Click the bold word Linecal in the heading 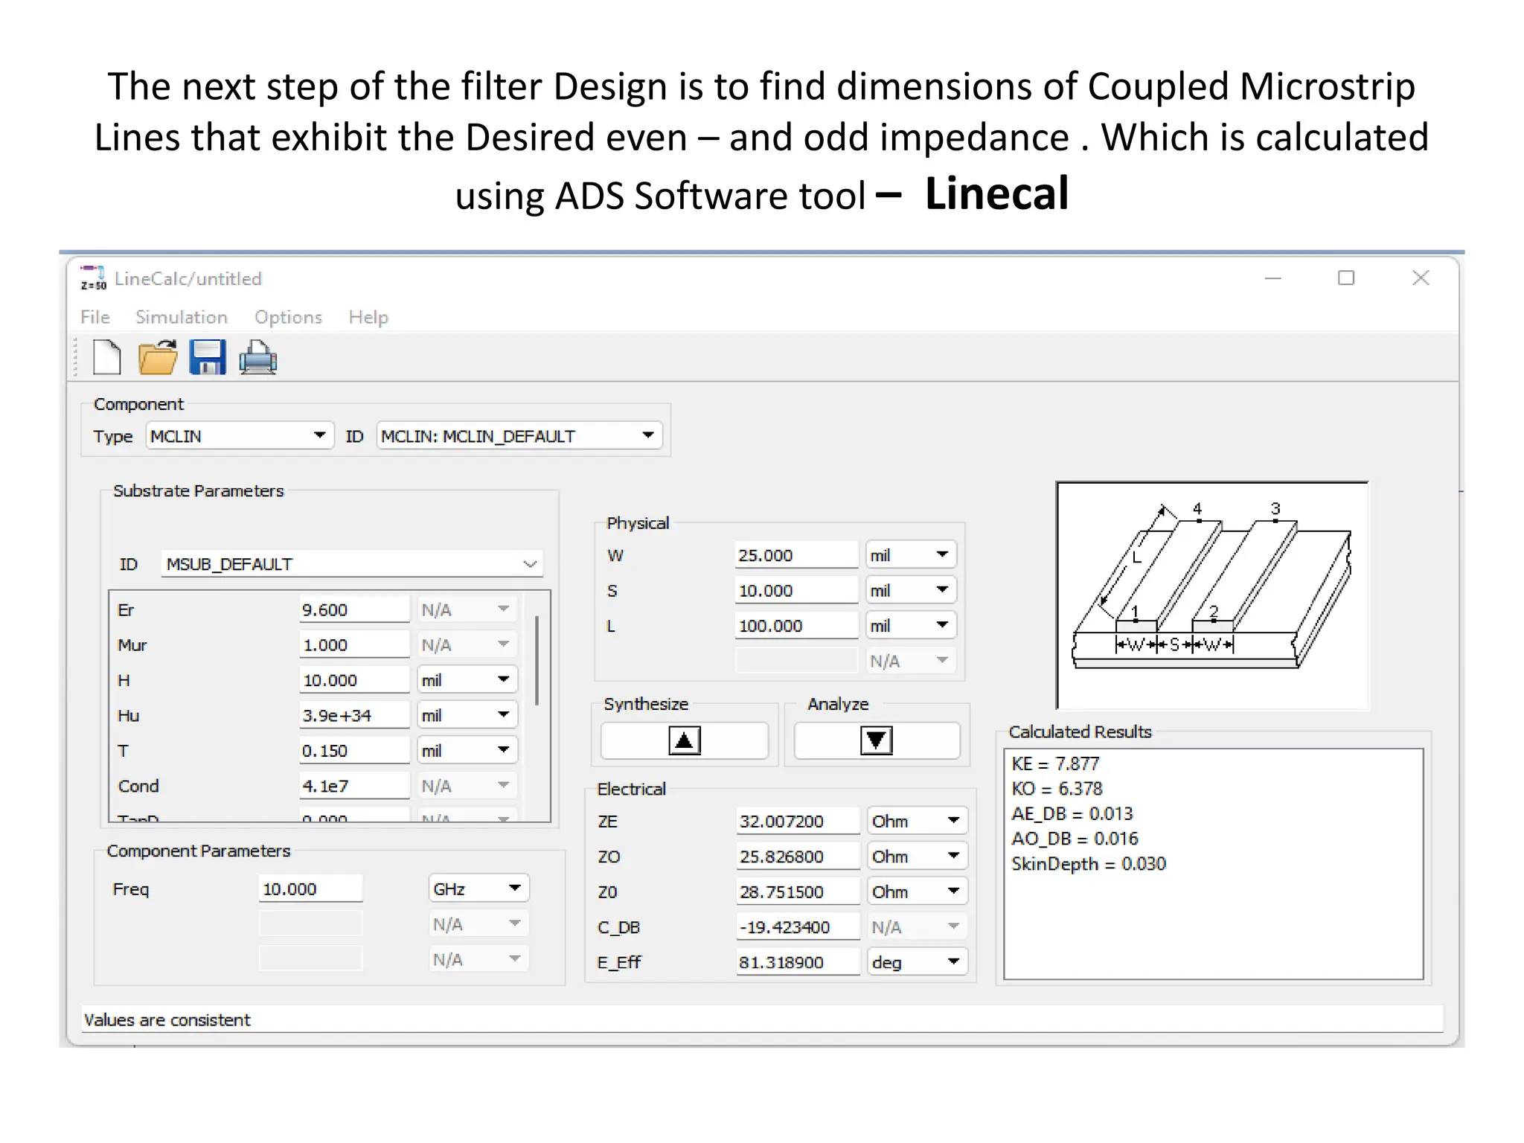pyautogui.click(x=996, y=194)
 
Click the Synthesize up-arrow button pyautogui.click(x=684, y=740)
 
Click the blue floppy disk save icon pyautogui.click(x=208, y=357)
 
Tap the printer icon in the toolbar pyautogui.click(x=258, y=357)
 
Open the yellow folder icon pyautogui.click(x=158, y=357)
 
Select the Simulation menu pyautogui.click(x=181, y=317)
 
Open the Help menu pyautogui.click(x=368, y=317)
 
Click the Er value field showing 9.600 pyautogui.click(x=353, y=610)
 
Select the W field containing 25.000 pyautogui.click(x=795, y=555)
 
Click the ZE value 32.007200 pyautogui.click(x=797, y=822)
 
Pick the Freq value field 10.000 pyautogui.click(x=310, y=889)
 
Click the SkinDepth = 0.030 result pyautogui.click(x=1088, y=864)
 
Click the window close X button pyautogui.click(x=1421, y=278)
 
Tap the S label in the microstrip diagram pyautogui.click(x=1174, y=644)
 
